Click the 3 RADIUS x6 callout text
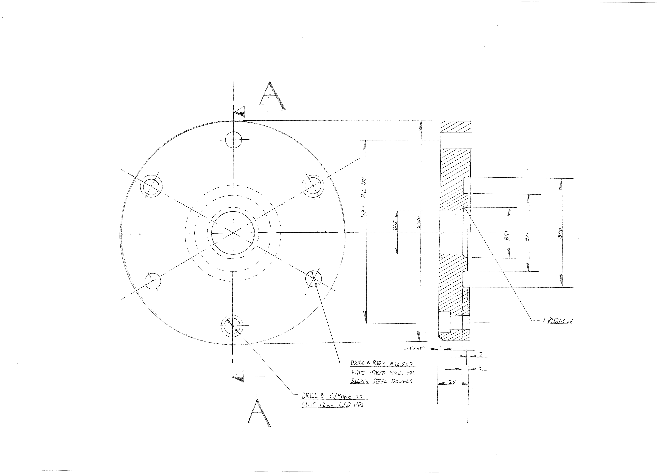tap(558, 321)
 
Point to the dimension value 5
tap(480, 368)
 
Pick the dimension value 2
tap(481, 354)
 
